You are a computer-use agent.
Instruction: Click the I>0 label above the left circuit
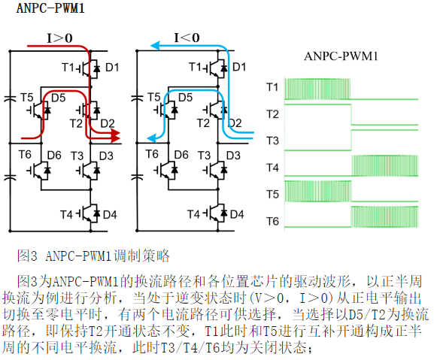59,38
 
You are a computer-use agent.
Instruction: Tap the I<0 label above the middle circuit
187,38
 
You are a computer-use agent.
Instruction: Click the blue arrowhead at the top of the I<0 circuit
155,45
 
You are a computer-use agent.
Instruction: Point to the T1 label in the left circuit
68,67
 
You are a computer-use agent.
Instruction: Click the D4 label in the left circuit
110,214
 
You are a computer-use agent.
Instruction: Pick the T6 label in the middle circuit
152,154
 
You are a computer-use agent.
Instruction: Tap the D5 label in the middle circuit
185,97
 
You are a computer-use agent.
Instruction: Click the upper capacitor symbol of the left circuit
11,98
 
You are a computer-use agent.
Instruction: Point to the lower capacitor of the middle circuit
137,177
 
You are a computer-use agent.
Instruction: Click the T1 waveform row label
272,87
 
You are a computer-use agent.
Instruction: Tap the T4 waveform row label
272,168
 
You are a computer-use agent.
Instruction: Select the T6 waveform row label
272,221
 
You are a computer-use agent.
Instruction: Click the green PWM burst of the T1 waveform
317,89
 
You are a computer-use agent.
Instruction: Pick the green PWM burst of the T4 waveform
384,165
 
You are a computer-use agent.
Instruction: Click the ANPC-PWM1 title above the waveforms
341,56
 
